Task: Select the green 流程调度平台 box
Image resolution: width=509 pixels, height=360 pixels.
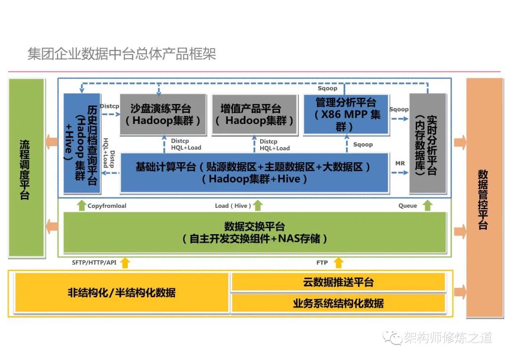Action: (x=26, y=168)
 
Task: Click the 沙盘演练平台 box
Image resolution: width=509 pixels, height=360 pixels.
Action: (x=163, y=114)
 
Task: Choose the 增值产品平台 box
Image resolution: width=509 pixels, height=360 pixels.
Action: (x=254, y=115)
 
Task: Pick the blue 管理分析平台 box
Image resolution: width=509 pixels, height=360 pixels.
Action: (x=346, y=114)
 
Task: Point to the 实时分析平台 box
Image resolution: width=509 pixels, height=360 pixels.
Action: (x=427, y=143)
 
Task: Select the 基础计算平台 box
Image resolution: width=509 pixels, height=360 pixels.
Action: (x=254, y=172)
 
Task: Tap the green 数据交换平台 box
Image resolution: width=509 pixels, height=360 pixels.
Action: (x=254, y=232)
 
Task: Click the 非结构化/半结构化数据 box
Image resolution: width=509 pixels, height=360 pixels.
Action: (x=122, y=293)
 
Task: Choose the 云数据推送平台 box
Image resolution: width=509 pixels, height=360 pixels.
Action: (x=338, y=282)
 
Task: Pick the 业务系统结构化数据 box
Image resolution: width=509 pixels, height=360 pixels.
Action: (x=338, y=303)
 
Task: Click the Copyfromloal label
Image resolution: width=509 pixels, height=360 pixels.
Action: (x=107, y=206)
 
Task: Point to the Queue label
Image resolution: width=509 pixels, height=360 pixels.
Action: (x=408, y=206)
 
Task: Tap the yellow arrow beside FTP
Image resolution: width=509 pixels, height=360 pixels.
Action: (x=338, y=262)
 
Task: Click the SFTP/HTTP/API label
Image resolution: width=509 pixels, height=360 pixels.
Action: (x=94, y=262)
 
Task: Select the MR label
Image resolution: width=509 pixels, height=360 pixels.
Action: (x=400, y=163)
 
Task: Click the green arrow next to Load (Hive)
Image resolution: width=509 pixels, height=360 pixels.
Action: (x=257, y=205)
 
